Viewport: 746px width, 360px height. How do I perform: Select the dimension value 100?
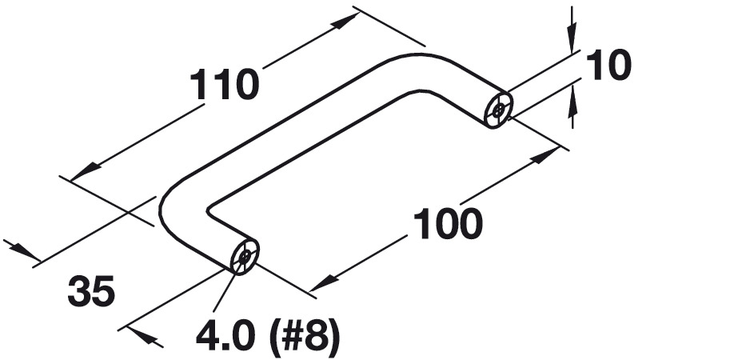pyautogui.click(x=448, y=225)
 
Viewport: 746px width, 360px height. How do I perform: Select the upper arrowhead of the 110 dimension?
pyautogui.click(x=341, y=22)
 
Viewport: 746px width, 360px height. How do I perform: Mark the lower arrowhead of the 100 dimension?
pyautogui.click(x=320, y=284)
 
